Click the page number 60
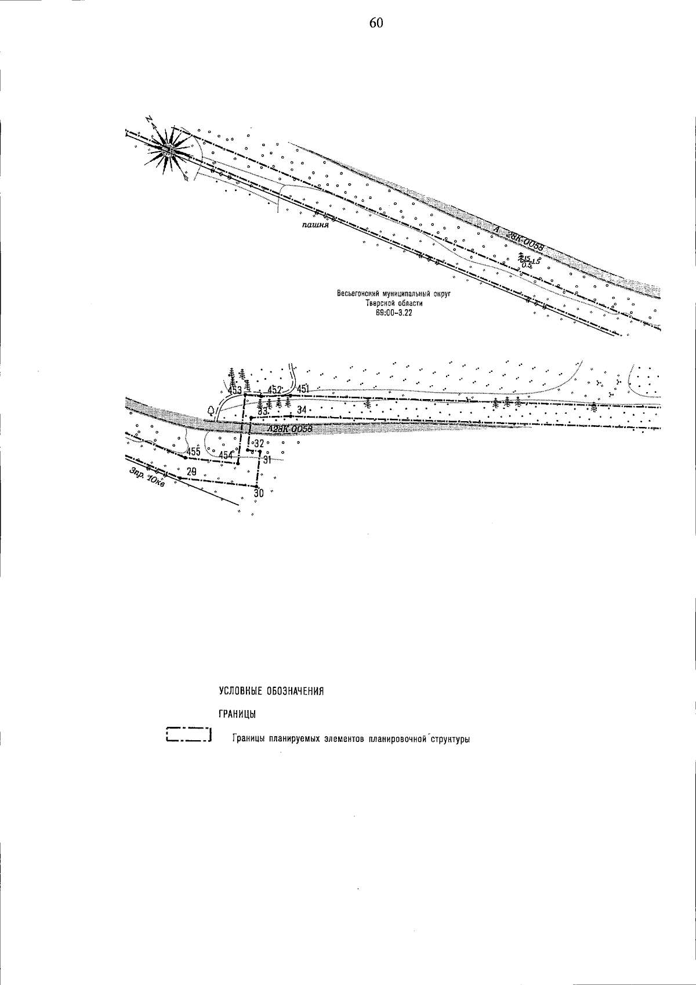pos(376,23)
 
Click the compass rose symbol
pos(168,149)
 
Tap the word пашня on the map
pos(316,225)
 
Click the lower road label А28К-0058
pos(289,430)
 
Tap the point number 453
pos(235,390)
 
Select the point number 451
pos(304,389)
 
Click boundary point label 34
pos(301,410)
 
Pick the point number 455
pos(193,452)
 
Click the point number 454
pos(225,455)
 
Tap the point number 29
pos(191,472)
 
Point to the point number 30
pos(259,494)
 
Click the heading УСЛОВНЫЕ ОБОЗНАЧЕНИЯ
pos(271,691)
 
